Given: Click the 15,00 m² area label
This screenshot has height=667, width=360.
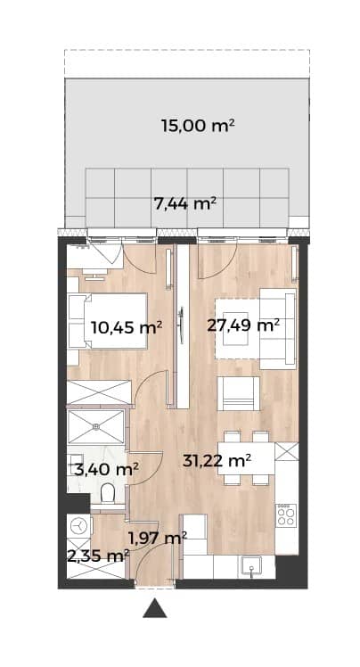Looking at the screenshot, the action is (x=198, y=126).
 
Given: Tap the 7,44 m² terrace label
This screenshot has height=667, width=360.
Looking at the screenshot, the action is (x=185, y=204).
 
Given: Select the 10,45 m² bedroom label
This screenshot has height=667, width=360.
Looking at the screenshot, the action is (x=127, y=327).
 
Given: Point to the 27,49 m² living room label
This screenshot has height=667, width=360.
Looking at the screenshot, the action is (x=243, y=325).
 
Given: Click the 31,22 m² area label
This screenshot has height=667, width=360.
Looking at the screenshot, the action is (x=217, y=460).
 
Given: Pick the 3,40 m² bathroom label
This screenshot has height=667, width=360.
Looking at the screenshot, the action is (x=106, y=470).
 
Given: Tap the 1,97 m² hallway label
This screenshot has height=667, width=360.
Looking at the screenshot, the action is (x=157, y=539).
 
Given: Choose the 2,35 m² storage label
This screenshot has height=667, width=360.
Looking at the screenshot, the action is (x=98, y=556).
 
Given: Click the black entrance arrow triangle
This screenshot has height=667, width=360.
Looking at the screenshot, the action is (x=155, y=608).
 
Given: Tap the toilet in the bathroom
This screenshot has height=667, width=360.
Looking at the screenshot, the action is (x=108, y=493).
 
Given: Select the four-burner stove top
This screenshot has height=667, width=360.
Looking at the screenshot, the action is (x=286, y=516).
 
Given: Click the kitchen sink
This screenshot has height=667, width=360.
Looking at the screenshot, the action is (x=253, y=567).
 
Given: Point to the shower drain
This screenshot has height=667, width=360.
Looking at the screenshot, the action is (x=96, y=426).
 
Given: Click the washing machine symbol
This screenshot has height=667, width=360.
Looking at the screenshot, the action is (x=78, y=527).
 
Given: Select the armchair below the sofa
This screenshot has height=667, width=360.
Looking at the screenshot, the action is (x=238, y=394).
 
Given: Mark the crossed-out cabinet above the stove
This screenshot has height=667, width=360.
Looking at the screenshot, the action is (x=286, y=452).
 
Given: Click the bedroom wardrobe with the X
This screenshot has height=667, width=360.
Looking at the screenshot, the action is (x=99, y=392).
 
